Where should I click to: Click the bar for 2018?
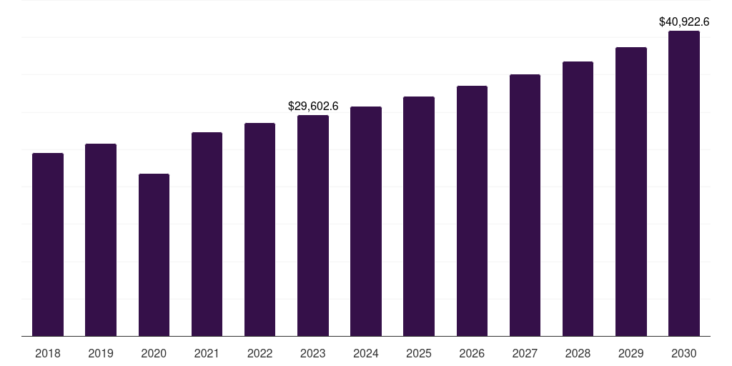(48, 244)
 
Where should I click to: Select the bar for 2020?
(154, 254)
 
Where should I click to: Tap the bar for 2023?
(313, 225)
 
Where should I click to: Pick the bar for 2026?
(472, 211)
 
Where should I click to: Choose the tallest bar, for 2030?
(684, 183)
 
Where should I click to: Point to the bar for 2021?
(207, 234)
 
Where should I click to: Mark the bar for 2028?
(578, 199)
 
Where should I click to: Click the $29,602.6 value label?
(313, 106)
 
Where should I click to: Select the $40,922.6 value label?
(684, 22)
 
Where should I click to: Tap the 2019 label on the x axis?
(101, 353)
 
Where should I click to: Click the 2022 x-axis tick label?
(259, 353)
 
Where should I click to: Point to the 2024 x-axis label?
(366, 353)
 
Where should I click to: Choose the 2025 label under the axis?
(419, 353)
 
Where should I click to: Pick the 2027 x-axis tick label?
(525, 353)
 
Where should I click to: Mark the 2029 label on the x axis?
(631, 353)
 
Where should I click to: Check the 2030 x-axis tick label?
(684, 353)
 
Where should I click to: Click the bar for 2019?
(101, 239)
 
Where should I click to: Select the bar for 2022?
(259, 229)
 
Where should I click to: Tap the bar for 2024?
(366, 221)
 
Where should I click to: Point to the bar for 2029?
(631, 192)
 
